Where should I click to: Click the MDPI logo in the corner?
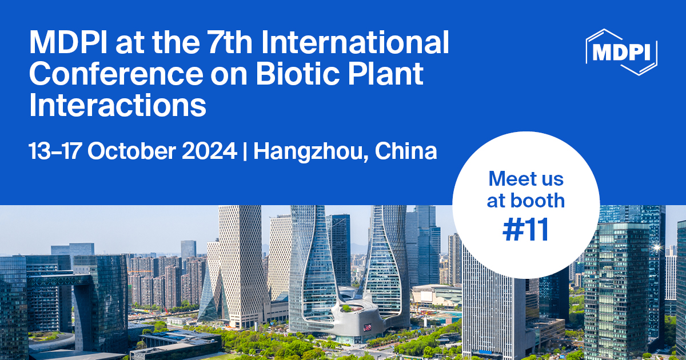pyautogui.click(x=622, y=51)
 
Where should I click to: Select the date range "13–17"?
pyautogui.click(x=55, y=151)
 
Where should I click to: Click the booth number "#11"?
pyautogui.click(x=526, y=230)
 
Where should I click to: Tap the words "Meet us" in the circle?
pyautogui.click(x=526, y=179)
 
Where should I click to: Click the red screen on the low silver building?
pyautogui.click(x=367, y=327)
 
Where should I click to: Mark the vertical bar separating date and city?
pyautogui.click(x=245, y=151)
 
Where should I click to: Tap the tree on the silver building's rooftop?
pyautogui.click(x=346, y=309)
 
